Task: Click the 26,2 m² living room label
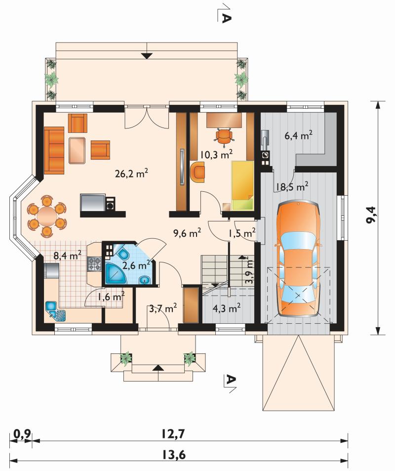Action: point(131,173)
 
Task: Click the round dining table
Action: point(46,215)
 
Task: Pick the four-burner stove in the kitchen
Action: point(94,264)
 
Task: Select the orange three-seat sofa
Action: point(54,150)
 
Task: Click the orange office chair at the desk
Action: point(224,137)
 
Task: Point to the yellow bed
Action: point(242,185)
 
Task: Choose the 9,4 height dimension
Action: point(372,218)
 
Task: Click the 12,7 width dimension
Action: point(173,433)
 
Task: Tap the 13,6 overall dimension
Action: point(174,455)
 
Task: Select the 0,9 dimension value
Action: point(22,433)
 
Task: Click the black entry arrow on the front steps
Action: point(158,368)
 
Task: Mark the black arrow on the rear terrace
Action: point(147,55)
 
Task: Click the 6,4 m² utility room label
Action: point(298,135)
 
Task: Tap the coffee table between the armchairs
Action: point(78,150)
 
